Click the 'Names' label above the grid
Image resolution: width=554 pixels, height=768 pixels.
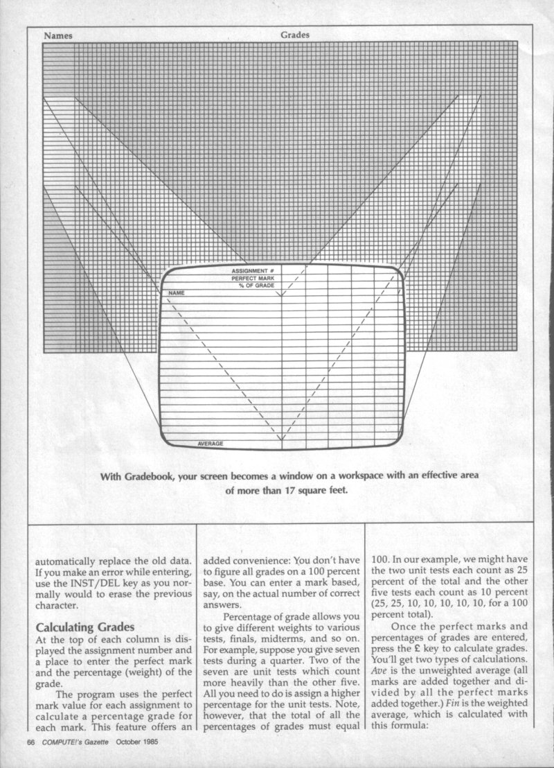click(58, 35)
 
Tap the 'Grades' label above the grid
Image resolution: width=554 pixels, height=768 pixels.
click(295, 35)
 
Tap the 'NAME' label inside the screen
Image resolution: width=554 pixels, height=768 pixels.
click(176, 294)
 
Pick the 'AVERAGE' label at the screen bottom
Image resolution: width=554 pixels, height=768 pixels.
click(211, 444)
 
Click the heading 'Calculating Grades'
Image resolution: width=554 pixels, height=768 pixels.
click(84, 628)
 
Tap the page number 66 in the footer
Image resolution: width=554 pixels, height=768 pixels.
click(30, 742)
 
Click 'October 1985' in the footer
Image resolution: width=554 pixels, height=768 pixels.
click(139, 742)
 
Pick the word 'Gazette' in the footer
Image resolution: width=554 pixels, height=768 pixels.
click(92, 742)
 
